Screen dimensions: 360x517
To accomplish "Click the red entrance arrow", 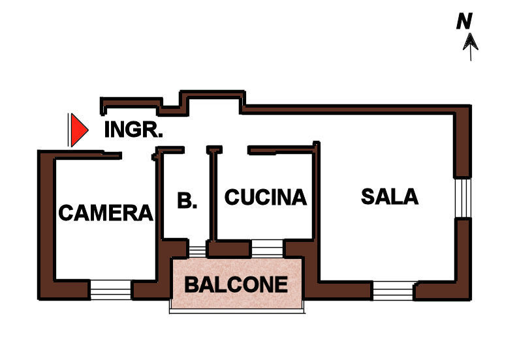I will click(78, 130).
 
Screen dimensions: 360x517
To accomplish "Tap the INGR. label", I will click(133, 129).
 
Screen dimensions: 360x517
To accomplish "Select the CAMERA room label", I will click(106, 212).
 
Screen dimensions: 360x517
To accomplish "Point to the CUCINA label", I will click(265, 197).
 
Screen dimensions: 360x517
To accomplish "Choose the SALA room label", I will click(390, 196).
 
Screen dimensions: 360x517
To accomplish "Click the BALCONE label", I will click(236, 284).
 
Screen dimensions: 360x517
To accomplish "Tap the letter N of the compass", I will click(464, 22).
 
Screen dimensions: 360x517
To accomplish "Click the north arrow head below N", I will click(470, 43).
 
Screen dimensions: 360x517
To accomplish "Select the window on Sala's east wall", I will click(462, 198).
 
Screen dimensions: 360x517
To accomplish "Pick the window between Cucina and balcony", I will click(267, 248).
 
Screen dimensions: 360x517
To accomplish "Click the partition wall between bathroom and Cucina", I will click(211, 196).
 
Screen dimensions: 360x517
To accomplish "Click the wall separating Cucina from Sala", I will click(317, 196).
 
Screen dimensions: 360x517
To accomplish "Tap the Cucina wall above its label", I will click(281, 151).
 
